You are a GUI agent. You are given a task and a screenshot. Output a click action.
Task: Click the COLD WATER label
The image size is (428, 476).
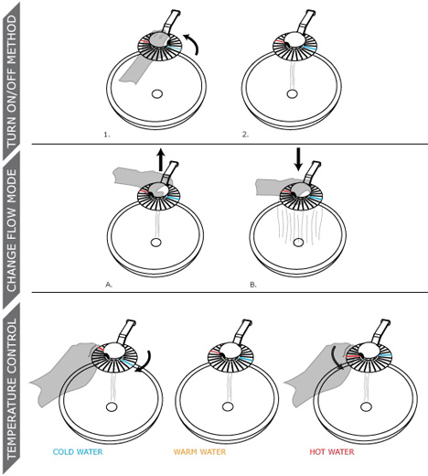tap(78, 451)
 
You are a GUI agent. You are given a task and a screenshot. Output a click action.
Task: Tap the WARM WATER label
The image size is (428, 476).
tap(199, 451)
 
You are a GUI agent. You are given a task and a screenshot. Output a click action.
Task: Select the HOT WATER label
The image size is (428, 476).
tap(332, 451)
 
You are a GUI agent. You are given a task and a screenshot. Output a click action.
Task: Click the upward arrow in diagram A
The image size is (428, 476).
tap(161, 159)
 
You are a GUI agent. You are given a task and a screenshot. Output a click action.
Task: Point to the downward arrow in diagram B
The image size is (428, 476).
tap(298, 159)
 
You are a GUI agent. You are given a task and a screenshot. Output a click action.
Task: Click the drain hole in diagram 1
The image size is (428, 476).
tap(157, 94)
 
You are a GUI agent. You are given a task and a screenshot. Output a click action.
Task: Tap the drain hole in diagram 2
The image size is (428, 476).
tap(292, 93)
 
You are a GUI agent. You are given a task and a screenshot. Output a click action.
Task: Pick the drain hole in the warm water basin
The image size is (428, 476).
tap(227, 406)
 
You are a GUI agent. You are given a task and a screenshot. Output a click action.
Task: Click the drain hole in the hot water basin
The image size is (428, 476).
tap(366, 406)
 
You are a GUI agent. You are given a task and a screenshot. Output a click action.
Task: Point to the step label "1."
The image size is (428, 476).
tap(107, 135)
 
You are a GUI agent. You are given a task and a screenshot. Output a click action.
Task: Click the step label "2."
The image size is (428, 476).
tap(245, 135)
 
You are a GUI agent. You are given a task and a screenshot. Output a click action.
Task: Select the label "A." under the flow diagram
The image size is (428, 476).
tap(109, 285)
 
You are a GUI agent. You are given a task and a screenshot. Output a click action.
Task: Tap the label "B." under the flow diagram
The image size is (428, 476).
tap(253, 285)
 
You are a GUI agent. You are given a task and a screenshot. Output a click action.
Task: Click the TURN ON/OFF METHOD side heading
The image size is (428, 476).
tap(12, 81)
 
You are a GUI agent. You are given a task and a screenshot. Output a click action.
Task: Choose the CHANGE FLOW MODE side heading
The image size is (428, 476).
tap(12, 231)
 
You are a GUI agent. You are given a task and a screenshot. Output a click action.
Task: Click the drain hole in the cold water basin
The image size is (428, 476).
tap(112, 406)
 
